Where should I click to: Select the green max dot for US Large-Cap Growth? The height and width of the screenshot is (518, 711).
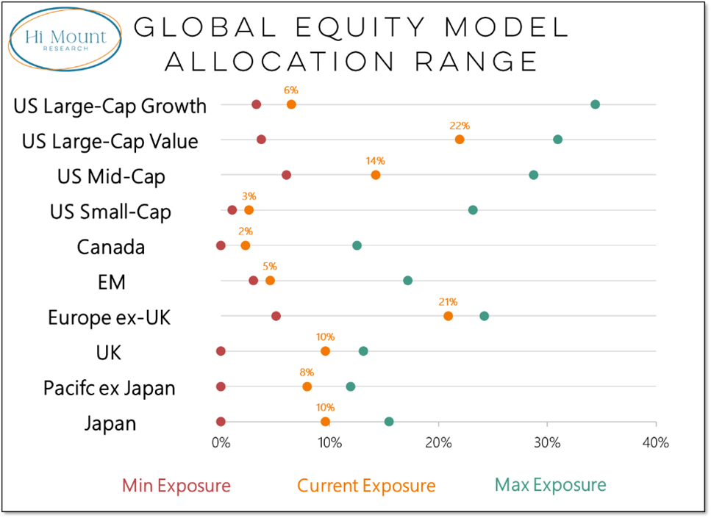pos(595,104)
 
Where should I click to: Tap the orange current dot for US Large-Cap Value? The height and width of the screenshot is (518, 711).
pos(460,140)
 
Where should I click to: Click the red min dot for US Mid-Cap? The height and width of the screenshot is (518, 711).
pos(286,175)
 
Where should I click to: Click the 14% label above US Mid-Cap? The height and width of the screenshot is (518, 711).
pos(375,161)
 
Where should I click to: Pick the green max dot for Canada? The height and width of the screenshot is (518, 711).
pos(357,245)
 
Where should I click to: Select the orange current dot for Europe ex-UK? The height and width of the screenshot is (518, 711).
pos(448,316)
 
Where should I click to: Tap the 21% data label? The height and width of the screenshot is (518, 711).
pos(448,302)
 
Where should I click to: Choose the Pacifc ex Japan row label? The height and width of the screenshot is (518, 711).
pos(109,388)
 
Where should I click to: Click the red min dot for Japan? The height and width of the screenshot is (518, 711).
pos(221,422)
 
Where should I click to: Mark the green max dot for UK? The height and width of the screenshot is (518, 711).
pos(363,351)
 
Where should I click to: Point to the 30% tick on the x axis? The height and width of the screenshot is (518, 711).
pos(547,443)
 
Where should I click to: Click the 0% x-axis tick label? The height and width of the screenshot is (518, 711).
pos(221,443)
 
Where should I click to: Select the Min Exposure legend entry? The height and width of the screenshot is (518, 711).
pos(176,486)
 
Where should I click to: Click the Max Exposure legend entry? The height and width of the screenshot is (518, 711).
pos(550,485)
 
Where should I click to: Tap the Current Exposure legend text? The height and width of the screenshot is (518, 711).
pos(366,486)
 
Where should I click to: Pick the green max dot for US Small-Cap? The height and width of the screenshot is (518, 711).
pos(473,210)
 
